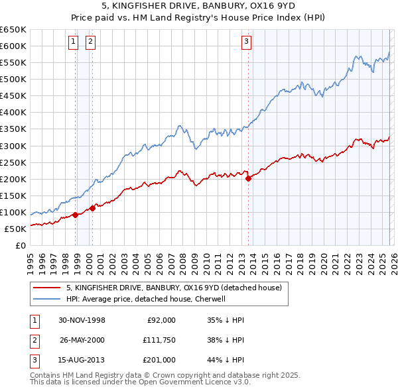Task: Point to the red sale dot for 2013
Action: coord(248,178)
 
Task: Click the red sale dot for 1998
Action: coord(76,215)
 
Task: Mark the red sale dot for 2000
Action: coord(93,208)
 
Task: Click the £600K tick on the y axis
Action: coord(13,46)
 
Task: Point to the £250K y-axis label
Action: coord(13,162)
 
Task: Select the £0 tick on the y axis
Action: coord(21,245)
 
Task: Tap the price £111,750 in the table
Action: coord(159,340)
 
